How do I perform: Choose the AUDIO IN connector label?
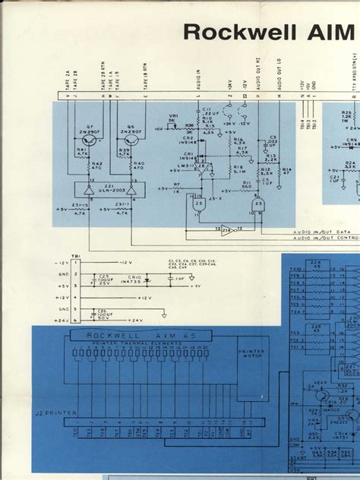200,79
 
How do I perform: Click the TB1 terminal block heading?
75,254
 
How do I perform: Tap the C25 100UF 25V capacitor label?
103,279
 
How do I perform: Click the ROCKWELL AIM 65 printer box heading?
122,333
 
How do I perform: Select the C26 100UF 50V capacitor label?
103,314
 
